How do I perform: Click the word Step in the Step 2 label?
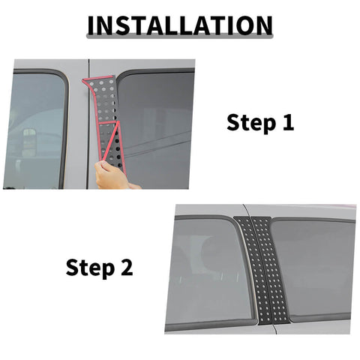pos(89,266)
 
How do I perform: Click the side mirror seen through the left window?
pos(27,142)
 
